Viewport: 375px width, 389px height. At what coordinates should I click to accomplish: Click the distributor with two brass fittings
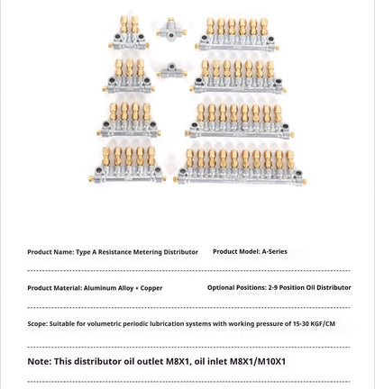(126, 32)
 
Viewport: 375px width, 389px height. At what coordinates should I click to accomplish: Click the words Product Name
(50, 252)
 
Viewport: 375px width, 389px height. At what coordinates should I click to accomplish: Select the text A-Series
(274, 251)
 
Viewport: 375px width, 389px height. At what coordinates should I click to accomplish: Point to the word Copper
(151, 288)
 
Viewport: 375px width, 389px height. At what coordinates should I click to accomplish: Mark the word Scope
(37, 324)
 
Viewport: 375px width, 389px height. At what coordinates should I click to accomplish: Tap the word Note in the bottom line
(39, 362)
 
